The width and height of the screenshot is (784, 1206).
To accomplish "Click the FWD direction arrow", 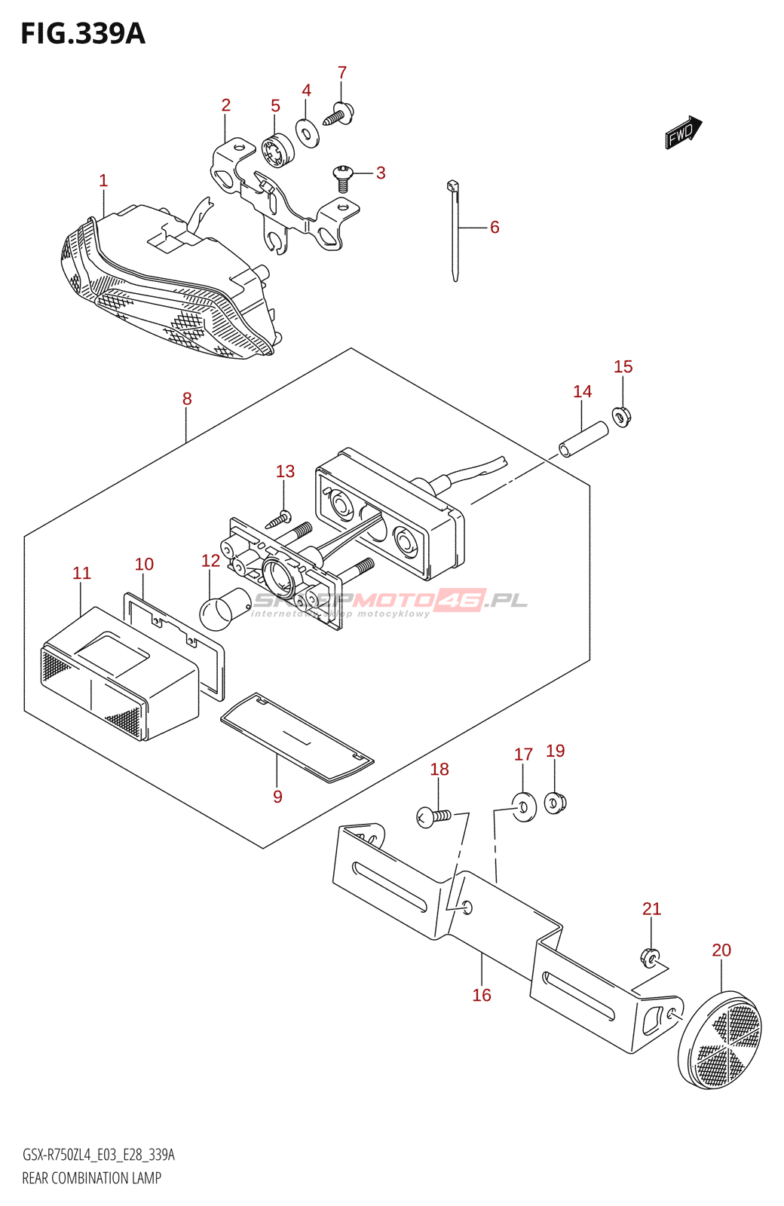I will (x=683, y=132).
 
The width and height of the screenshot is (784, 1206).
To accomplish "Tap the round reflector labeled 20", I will (x=720, y=1041).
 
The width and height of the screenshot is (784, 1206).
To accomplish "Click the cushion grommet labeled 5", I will (x=277, y=150).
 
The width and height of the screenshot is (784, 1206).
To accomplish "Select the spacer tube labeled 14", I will (x=583, y=439).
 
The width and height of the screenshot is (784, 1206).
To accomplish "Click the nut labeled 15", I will (x=622, y=415).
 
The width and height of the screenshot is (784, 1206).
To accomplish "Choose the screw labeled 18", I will (x=433, y=816).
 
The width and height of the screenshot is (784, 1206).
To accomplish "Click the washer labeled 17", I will (x=523, y=807).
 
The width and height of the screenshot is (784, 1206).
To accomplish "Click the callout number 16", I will (x=482, y=995).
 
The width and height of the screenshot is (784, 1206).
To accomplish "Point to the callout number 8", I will (x=187, y=399).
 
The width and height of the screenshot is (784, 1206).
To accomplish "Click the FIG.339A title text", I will (x=83, y=34).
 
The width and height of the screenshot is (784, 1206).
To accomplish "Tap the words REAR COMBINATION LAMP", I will (x=92, y=1178).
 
